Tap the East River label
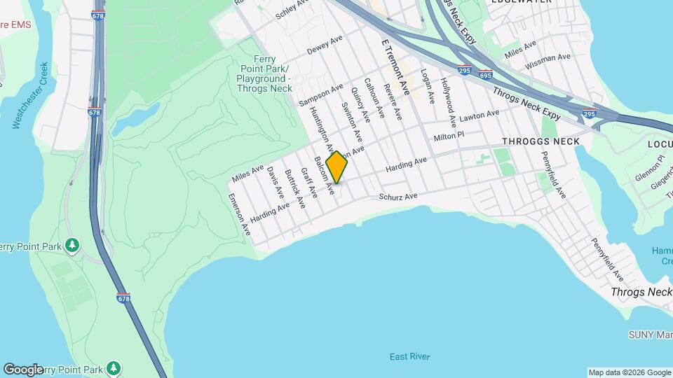click(x=410, y=357)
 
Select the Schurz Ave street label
click(x=398, y=197)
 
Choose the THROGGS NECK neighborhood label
click(x=541, y=141)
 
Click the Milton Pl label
click(x=449, y=136)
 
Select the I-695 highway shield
click(x=486, y=73)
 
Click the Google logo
click(x=23, y=369)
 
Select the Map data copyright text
click(x=629, y=372)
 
